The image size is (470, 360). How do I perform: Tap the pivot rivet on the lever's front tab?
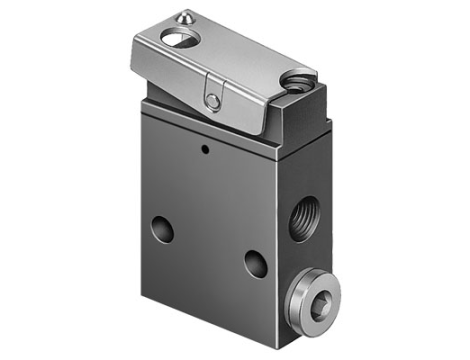pyautogui.click(x=213, y=98)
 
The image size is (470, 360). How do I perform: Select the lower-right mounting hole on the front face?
pyautogui.click(x=256, y=264)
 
